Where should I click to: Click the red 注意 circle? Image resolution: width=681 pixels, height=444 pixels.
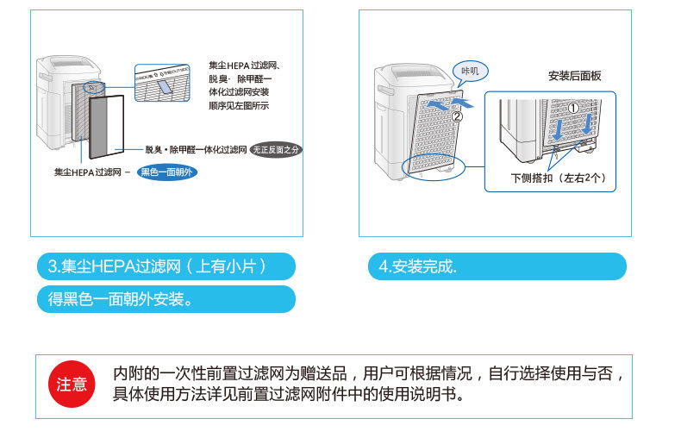tap(72, 385)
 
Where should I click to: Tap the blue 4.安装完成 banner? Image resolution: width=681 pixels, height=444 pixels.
tap(491, 266)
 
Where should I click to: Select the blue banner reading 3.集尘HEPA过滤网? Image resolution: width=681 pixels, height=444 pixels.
tap(166, 266)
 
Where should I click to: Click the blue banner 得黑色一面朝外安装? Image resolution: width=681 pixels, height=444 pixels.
tap(166, 299)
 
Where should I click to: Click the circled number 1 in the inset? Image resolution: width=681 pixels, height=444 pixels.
tap(572, 108)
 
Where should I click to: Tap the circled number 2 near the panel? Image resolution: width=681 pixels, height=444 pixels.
tap(457, 116)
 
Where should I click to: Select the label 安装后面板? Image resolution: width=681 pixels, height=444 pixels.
tap(574, 76)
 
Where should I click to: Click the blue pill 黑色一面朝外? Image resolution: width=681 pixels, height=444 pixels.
tap(168, 172)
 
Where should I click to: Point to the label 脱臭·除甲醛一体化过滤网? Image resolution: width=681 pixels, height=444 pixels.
tap(196, 149)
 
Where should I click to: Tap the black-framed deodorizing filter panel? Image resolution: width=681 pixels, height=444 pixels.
tap(107, 128)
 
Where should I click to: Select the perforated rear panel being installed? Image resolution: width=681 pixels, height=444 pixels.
tap(435, 134)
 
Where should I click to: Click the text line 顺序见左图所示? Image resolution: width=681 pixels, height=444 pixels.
tap(239, 105)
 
